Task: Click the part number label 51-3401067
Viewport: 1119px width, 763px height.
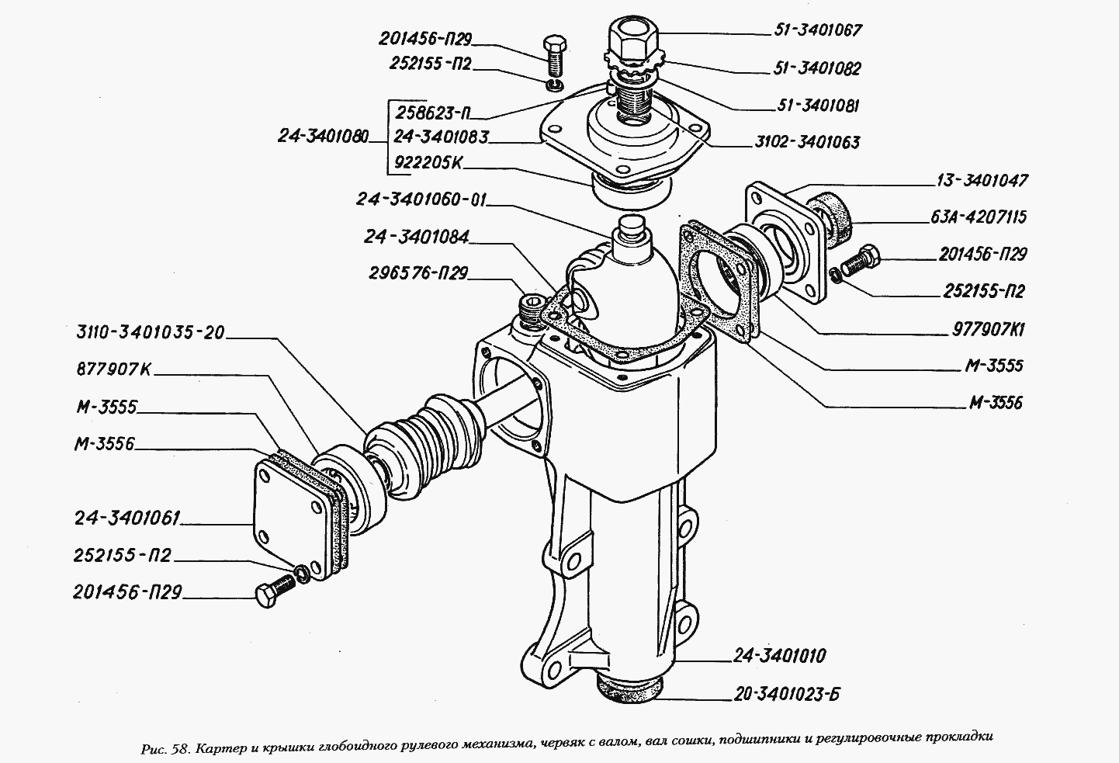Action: [817, 31]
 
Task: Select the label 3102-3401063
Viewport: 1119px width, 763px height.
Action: [806, 143]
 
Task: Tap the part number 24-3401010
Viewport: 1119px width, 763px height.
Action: [779, 657]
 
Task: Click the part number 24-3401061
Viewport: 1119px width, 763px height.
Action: [127, 517]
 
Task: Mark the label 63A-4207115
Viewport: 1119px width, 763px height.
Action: [977, 218]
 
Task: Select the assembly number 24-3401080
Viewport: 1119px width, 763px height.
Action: [324, 137]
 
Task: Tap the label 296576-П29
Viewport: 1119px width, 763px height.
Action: [420, 273]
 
